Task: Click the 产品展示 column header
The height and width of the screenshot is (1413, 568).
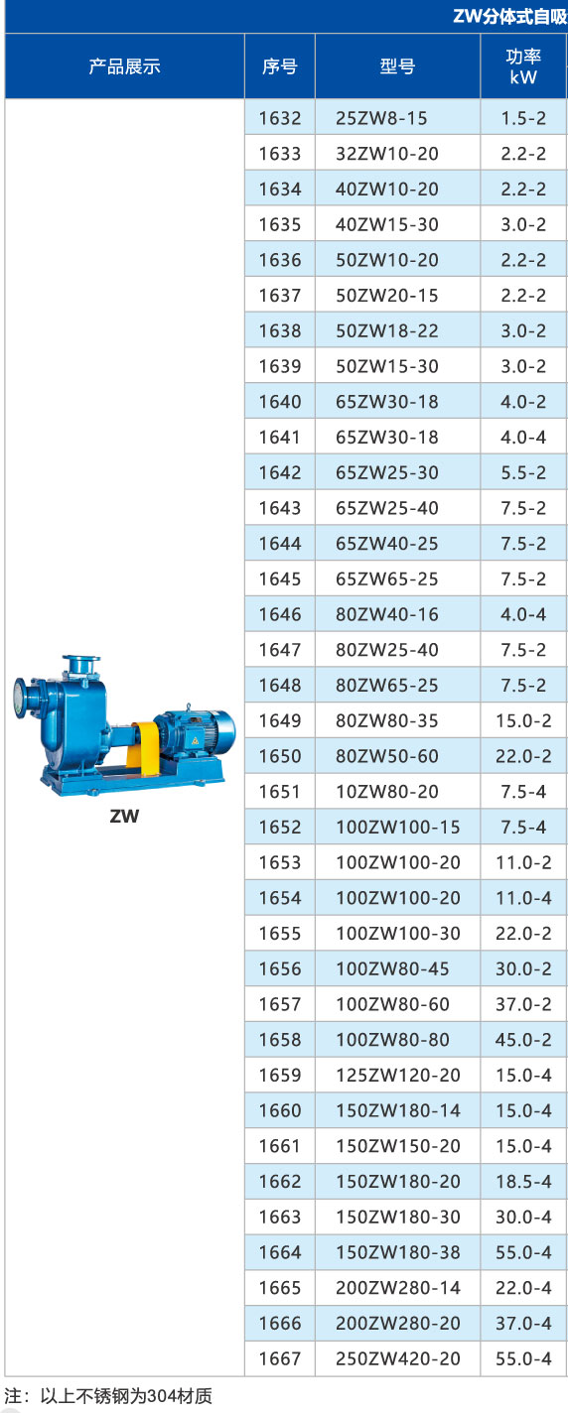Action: (x=124, y=66)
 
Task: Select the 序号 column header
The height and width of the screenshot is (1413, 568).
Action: (x=280, y=66)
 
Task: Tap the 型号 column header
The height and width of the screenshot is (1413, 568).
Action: (x=397, y=66)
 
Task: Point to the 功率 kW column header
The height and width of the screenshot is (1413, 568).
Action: (x=523, y=66)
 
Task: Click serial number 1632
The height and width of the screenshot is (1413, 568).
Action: (x=280, y=118)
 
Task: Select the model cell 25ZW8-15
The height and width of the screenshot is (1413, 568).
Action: (x=381, y=118)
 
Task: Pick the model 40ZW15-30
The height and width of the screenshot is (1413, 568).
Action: (x=387, y=224)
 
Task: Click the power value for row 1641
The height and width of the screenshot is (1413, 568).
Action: (x=523, y=438)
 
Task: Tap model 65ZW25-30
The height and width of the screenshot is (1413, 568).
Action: (x=387, y=472)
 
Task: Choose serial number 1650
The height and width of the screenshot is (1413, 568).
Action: (x=280, y=756)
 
